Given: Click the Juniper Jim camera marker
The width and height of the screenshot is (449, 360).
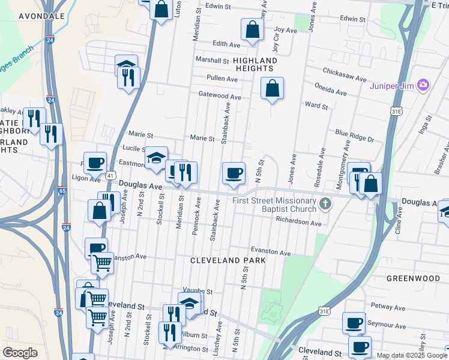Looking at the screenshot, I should coord(423,84).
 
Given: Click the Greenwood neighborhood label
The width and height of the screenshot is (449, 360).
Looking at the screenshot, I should coord(413,278).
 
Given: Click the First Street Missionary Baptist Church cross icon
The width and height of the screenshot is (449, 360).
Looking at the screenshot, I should coord(325,204).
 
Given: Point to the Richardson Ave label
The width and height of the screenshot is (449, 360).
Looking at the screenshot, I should coord(299,222).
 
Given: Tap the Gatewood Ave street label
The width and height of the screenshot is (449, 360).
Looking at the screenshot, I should coord(220,96).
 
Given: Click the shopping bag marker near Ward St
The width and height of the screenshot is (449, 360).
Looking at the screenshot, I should coord(273,88).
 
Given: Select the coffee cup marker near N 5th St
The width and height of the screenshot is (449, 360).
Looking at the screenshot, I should coord(234,173).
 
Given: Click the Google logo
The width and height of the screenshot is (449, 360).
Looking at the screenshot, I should coord(20,353).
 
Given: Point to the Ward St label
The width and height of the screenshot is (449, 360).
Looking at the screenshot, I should coord(316,106).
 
